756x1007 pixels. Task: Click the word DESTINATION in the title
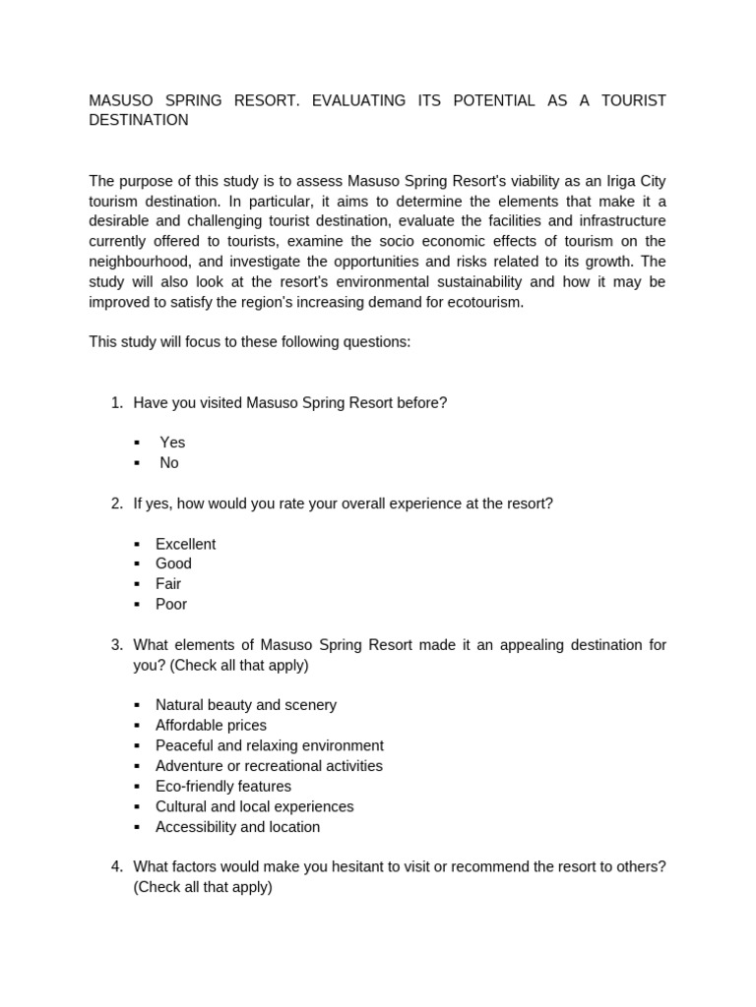(138, 120)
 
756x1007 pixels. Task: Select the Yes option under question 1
(172, 443)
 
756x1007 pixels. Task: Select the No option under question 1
(169, 462)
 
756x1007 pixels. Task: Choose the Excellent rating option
(185, 544)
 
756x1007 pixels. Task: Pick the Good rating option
(173, 563)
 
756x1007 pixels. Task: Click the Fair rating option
(168, 584)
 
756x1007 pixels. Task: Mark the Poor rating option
(171, 604)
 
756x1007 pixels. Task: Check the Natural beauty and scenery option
(245, 705)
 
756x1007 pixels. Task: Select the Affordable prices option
(211, 726)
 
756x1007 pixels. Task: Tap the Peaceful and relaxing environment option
(269, 745)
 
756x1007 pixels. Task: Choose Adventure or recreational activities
(269, 766)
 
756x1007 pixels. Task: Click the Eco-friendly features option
(222, 787)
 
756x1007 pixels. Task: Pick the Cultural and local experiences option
(254, 806)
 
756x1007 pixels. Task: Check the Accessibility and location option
(237, 827)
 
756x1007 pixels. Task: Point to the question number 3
(116, 645)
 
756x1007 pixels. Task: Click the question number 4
(116, 866)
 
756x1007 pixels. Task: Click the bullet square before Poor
(138, 605)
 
